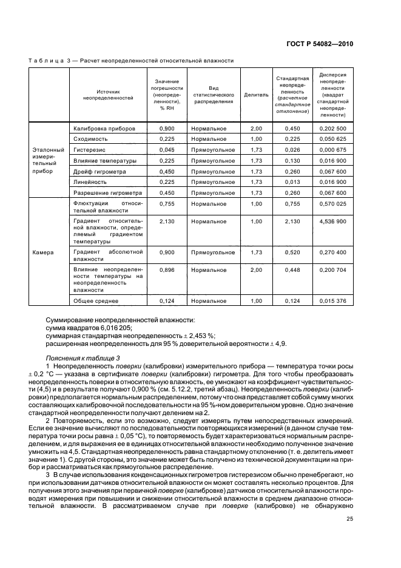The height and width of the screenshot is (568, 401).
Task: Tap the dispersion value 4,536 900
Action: (x=332, y=221)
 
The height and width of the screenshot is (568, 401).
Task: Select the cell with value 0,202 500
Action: (x=332, y=129)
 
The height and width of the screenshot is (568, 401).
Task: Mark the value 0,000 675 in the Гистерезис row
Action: (x=332, y=150)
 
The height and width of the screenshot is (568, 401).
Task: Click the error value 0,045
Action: (x=166, y=150)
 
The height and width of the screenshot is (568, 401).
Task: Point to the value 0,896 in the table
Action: (x=166, y=269)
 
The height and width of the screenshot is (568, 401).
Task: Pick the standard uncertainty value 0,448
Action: (x=292, y=269)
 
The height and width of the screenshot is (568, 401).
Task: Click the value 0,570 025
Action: (x=332, y=204)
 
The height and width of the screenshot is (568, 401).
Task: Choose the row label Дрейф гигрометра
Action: (x=99, y=171)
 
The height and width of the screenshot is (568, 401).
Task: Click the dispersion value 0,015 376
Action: (x=332, y=300)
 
